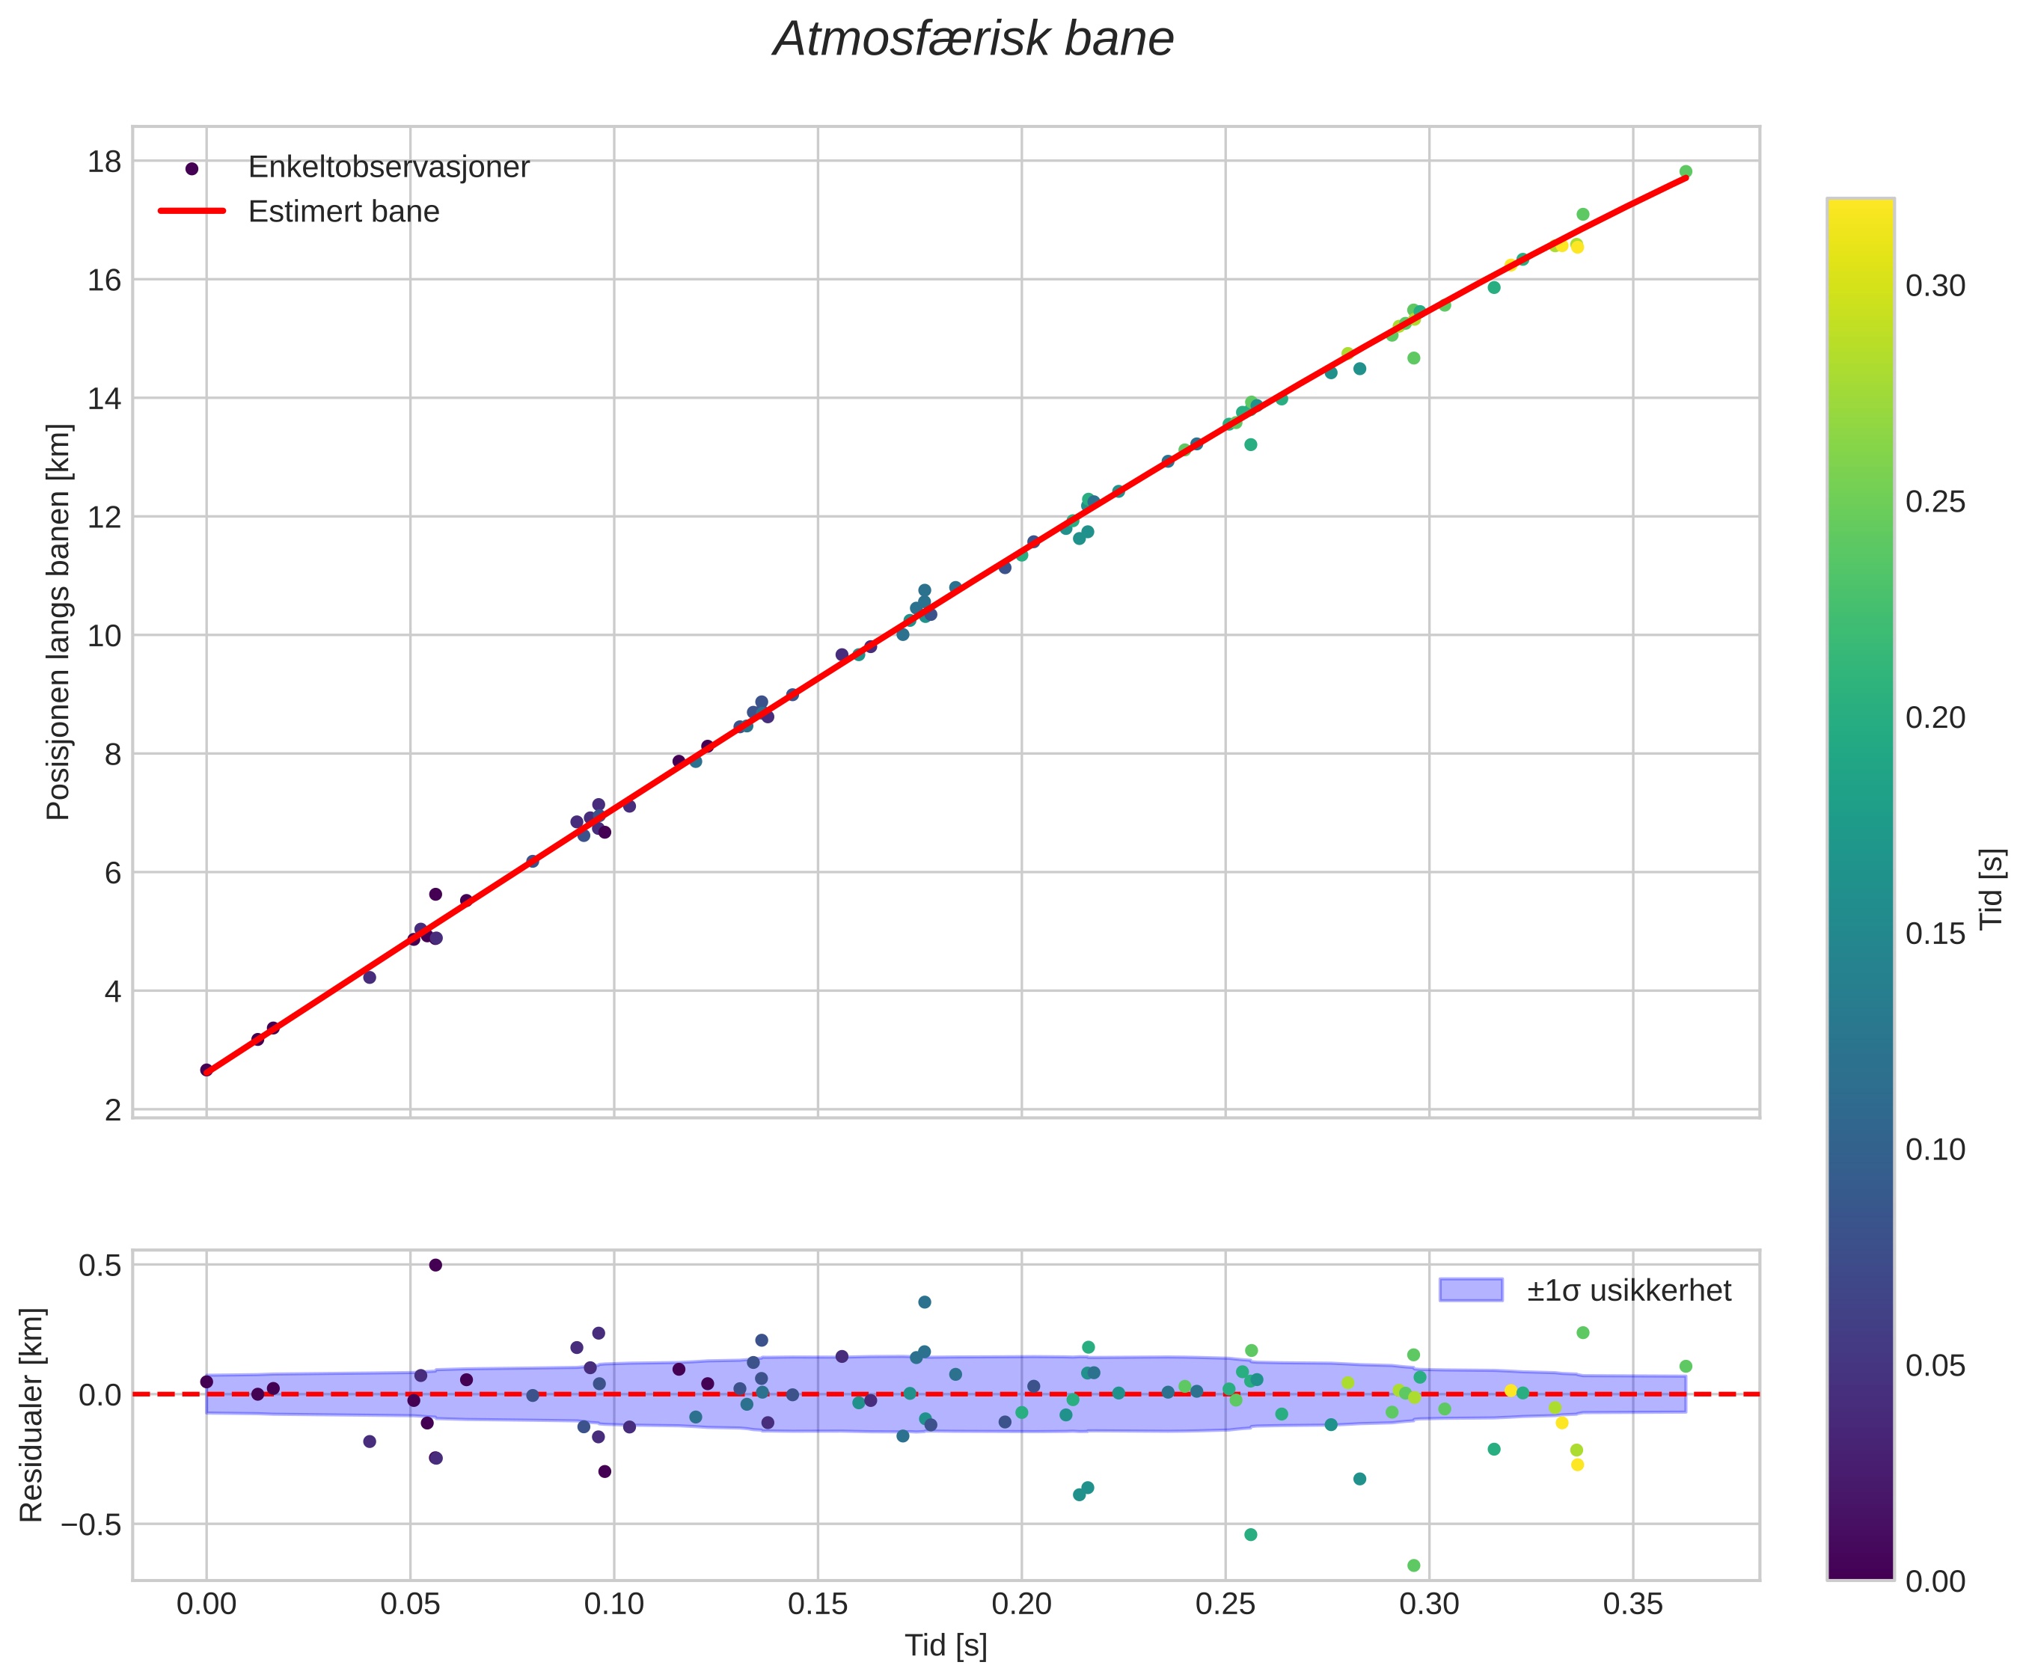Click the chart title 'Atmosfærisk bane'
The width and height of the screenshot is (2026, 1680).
[973, 40]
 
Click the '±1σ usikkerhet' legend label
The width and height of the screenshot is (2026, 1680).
[1629, 1290]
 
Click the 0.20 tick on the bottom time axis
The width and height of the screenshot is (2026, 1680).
[1022, 1604]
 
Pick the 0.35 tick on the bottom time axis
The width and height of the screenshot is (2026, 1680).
[1632, 1604]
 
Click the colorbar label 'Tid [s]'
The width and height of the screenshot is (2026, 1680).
[1992, 888]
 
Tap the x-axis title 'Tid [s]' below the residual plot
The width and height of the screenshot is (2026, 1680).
[946, 1646]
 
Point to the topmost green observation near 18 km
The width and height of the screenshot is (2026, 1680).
[1686, 171]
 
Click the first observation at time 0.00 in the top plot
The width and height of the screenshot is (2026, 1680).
[206, 1070]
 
